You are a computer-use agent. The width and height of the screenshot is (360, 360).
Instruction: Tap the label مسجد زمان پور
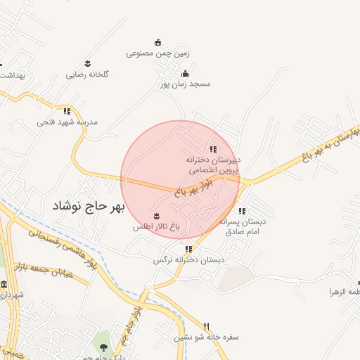[185, 84]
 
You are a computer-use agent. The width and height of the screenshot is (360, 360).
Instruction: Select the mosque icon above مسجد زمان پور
[185, 73]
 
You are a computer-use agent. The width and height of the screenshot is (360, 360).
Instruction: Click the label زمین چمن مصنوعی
[158, 53]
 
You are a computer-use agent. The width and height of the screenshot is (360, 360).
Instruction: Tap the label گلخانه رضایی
[87, 74]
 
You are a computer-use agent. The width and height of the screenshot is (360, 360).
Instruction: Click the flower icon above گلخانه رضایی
[87, 63]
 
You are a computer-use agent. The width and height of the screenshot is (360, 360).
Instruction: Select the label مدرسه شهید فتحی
[67, 122]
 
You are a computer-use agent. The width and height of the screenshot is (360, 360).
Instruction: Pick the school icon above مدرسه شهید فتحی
[67, 111]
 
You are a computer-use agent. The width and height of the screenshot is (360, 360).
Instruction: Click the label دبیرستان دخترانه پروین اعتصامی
[213, 165]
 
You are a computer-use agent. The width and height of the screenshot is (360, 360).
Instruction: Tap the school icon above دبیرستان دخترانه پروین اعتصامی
[213, 149]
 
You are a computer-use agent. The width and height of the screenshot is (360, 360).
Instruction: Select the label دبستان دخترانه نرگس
[189, 259]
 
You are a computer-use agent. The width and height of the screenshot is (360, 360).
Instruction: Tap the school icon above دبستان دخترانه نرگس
[188, 249]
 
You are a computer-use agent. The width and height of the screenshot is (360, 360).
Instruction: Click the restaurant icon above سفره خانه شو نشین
[206, 326]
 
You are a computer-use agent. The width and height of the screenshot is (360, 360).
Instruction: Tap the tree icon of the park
[105, 347]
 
